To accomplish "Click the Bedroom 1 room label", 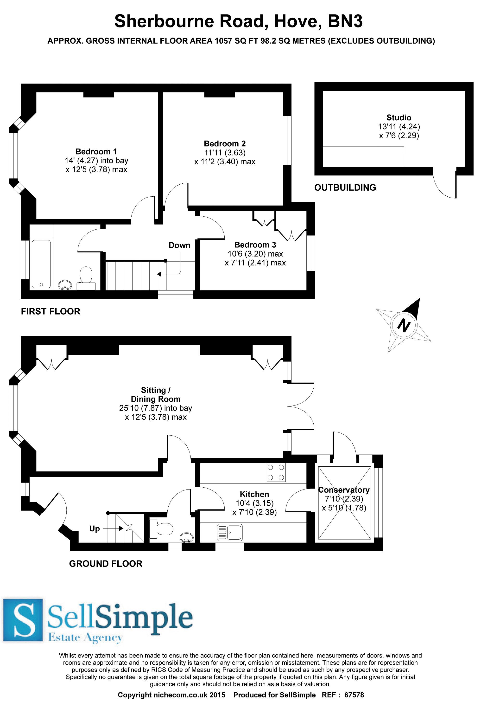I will pyautogui.click(x=96, y=151).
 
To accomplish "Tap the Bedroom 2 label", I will pyautogui.click(x=225, y=143).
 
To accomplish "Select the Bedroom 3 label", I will pyautogui.click(x=255, y=245).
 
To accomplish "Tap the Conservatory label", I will pyautogui.click(x=344, y=490).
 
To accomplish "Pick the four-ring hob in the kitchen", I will pyautogui.click(x=276, y=472).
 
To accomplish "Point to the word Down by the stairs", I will pyautogui.click(x=179, y=245).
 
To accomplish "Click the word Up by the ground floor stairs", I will pyautogui.click(x=95, y=529).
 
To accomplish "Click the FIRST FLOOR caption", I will pyautogui.click(x=51, y=311).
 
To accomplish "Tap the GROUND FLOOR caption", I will pyautogui.click(x=105, y=564).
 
